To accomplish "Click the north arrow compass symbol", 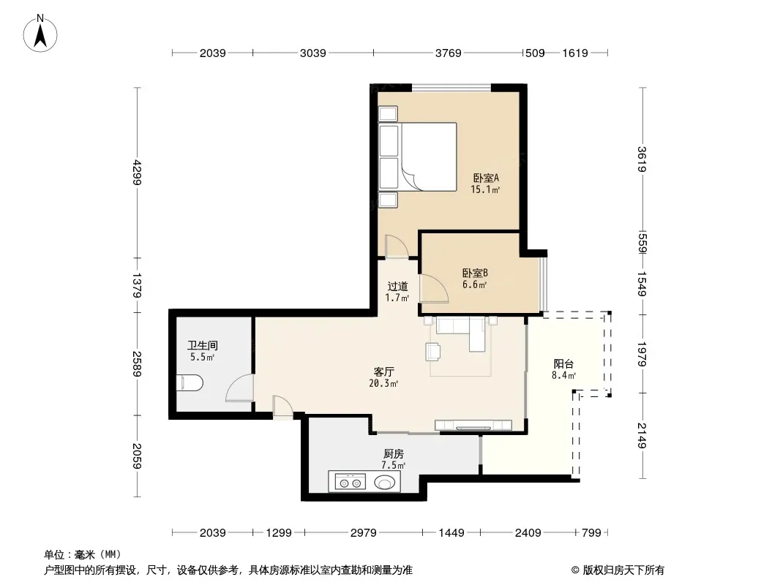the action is (x=40, y=34).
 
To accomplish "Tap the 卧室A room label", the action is (x=486, y=178).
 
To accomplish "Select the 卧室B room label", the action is (x=475, y=273).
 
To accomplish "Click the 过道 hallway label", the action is (x=397, y=287).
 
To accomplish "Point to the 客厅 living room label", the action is (x=383, y=371).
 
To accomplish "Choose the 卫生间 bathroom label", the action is (x=203, y=345).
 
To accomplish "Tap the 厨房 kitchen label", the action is (x=394, y=454).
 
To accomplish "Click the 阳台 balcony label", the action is (x=563, y=364).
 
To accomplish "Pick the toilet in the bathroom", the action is (x=190, y=382).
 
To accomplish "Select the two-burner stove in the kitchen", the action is (x=350, y=482).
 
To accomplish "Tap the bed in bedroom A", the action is (x=418, y=156).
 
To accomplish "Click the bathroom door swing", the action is (x=240, y=388).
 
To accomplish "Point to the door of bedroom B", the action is (x=434, y=288).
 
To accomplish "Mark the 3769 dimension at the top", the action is (x=449, y=53).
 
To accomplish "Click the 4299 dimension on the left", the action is (x=138, y=173).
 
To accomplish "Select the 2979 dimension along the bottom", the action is (x=363, y=533).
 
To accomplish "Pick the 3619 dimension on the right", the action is (x=642, y=159).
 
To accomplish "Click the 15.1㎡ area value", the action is (x=485, y=189).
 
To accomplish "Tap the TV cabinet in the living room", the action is (x=473, y=425).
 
